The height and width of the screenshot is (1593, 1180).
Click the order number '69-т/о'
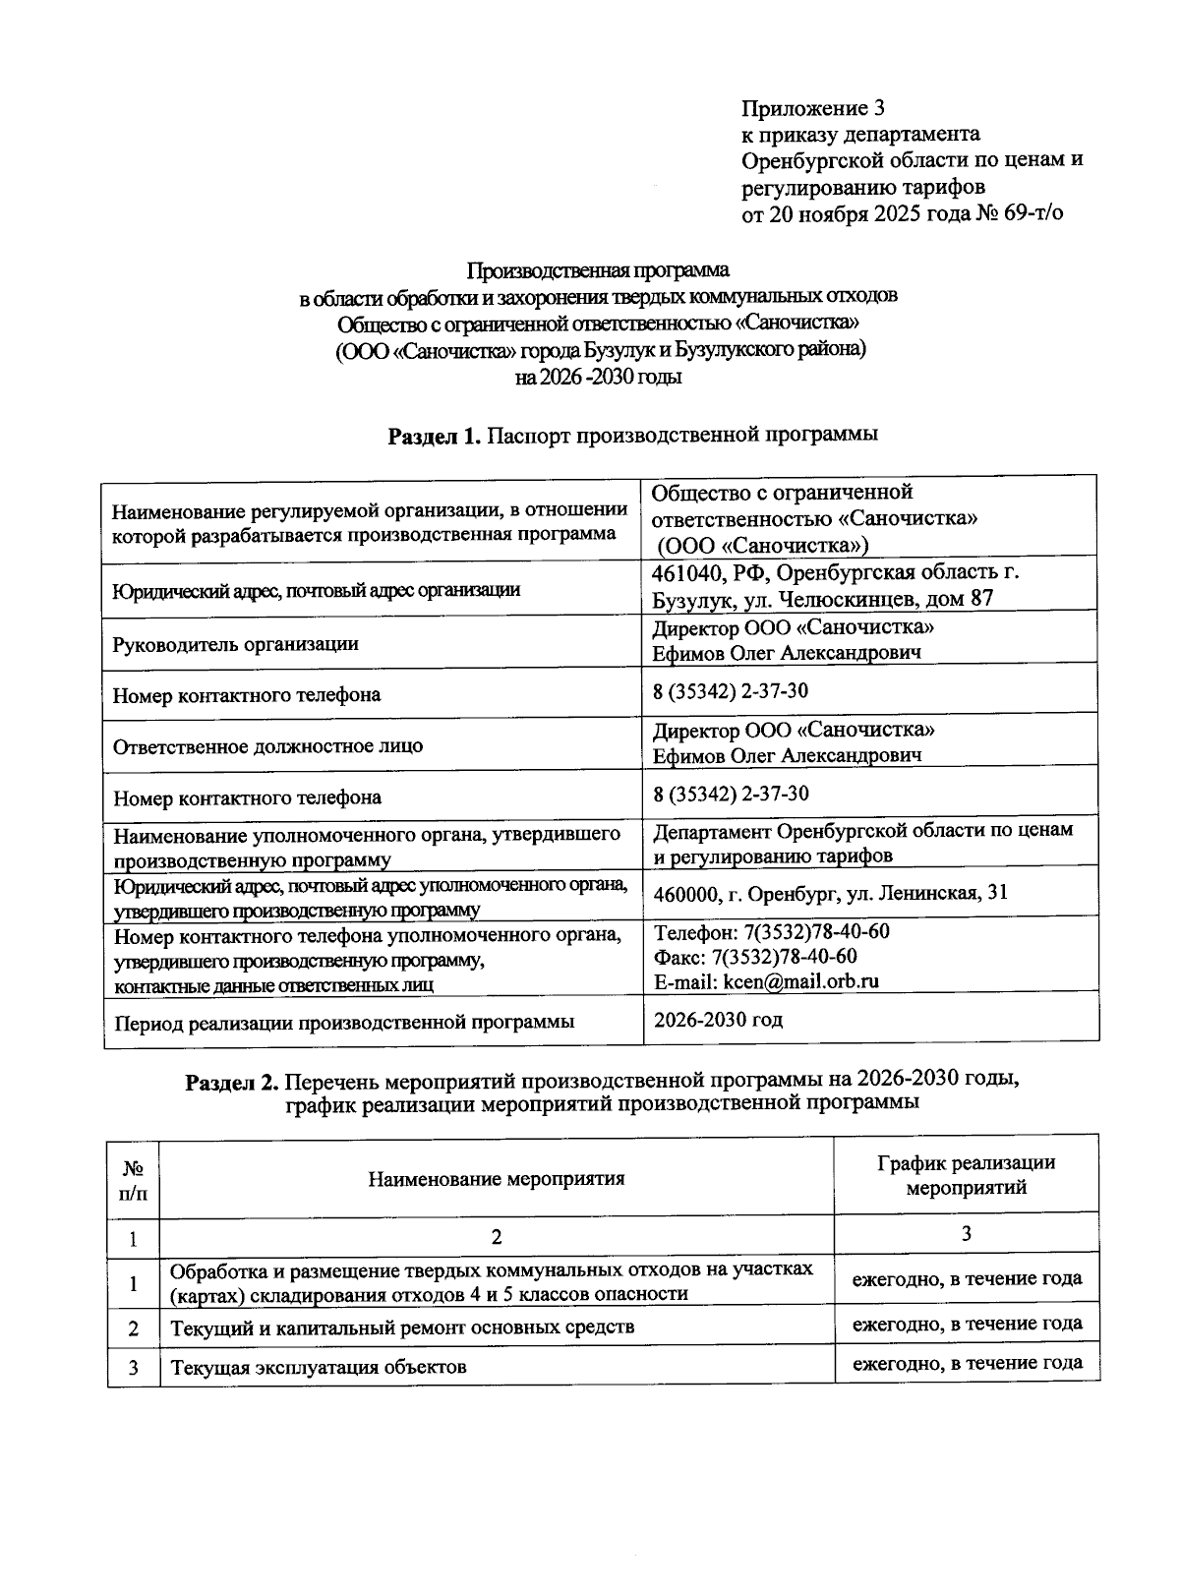click(1033, 212)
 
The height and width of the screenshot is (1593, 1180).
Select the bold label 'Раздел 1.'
click(434, 436)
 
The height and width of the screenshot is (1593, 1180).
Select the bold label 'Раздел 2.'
click(232, 1081)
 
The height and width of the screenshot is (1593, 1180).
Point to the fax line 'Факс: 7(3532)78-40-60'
click(755, 956)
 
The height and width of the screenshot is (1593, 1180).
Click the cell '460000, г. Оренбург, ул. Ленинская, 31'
click(831, 893)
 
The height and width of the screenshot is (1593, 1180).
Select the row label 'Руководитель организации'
click(235, 644)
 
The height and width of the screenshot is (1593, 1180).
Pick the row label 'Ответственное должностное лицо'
click(267, 745)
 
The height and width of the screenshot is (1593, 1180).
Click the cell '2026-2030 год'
click(719, 1019)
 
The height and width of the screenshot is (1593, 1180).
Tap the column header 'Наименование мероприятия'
click(497, 1178)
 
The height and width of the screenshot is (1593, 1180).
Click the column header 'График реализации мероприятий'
click(966, 1175)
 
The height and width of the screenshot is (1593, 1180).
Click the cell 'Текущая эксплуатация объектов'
click(319, 1367)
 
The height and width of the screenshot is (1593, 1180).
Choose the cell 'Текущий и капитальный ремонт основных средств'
click(402, 1327)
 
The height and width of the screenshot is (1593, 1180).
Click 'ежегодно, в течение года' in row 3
click(967, 1363)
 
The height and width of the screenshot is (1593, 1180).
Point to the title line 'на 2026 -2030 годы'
click(598, 377)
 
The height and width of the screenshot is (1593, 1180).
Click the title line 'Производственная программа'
click(598, 269)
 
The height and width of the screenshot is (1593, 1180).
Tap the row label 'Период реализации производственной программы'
click(344, 1022)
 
